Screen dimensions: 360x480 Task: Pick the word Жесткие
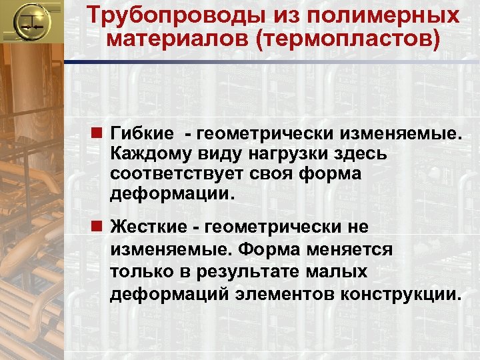[x=149, y=227]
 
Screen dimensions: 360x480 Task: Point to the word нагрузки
[x=291, y=155]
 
